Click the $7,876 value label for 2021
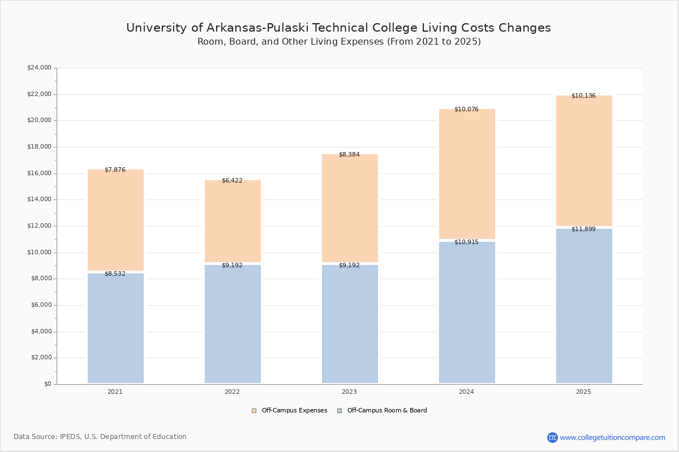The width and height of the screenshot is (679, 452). click(115, 170)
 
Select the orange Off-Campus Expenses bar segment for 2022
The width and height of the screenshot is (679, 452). click(233, 221)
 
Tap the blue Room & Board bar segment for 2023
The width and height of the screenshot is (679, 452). click(350, 324)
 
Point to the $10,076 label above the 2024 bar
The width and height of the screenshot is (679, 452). click(466, 109)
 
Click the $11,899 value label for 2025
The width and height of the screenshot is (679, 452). click(583, 229)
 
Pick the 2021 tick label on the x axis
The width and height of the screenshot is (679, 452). click(115, 392)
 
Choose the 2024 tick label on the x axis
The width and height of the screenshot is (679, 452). click(466, 392)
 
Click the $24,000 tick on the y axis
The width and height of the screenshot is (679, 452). click(40, 67)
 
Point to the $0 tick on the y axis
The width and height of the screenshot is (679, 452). click(48, 384)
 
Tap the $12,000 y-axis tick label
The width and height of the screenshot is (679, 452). click(40, 226)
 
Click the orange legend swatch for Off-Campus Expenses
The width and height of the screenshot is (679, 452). click(254, 411)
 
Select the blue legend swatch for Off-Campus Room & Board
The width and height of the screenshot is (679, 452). click(339, 411)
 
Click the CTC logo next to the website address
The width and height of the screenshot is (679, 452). click(552, 437)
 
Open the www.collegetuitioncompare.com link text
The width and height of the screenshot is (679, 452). click(612, 437)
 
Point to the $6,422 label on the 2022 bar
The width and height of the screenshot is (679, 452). click(232, 181)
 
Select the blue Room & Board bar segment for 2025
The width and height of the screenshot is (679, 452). click(584, 306)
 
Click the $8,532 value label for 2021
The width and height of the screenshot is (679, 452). click(115, 274)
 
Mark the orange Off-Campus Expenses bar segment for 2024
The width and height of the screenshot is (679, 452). click(467, 174)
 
